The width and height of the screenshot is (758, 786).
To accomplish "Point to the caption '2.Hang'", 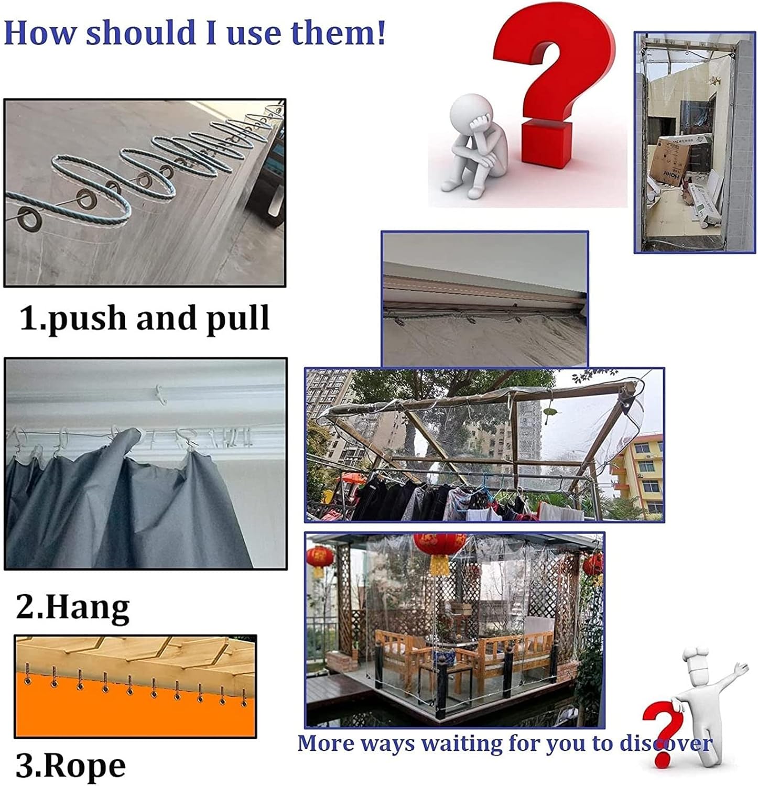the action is [73, 607].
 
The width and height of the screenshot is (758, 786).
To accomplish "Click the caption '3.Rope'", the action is [71, 766].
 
